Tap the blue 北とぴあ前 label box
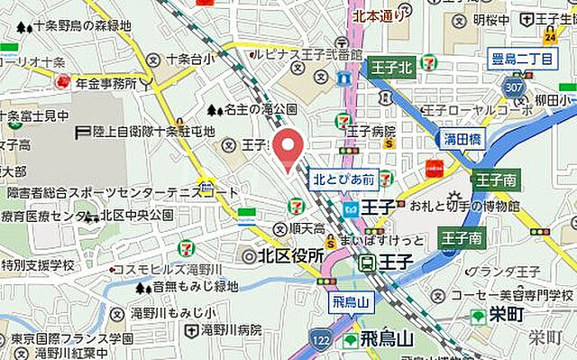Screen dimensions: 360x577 pyautogui.click(x=343, y=180)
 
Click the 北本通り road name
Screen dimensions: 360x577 pyautogui.click(x=378, y=14)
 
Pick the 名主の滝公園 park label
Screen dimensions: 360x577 pyautogui.click(x=259, y=110)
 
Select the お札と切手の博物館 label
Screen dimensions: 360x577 pyautogui.click(x=464, y=207)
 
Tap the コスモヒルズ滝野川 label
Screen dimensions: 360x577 pyautogui.click(x=179, y=272)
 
